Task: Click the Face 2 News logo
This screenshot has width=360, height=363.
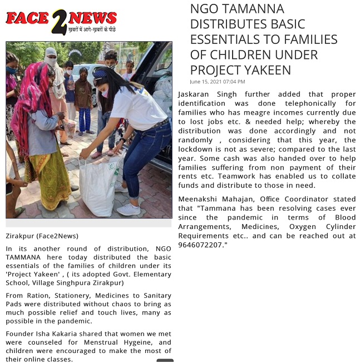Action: [61, 21]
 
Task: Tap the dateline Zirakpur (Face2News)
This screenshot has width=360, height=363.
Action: [42, 236]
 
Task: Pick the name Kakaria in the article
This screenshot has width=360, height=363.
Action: [68, 334]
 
